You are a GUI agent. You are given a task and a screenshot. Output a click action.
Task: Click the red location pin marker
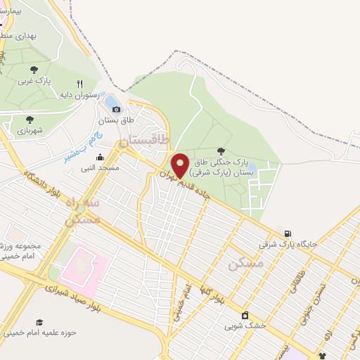pyautogui.click(x=181, y=165)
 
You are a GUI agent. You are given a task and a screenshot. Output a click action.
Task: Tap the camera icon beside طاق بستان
pyautogui.click(x=117, y=109)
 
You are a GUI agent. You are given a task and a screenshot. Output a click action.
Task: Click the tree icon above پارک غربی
pyautogui.click(x=34, y=70)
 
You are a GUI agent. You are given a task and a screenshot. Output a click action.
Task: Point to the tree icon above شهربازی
pyautogui.click(x=30, y=120)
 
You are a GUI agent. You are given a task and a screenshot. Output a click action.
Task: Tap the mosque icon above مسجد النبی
pyautogui.click(x=100, y=157)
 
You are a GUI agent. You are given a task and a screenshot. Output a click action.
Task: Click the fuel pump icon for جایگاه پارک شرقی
pyautogui.click(x=287, y=233)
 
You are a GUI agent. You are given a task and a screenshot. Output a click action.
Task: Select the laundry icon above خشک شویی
pyautogui.click(x=245, y=315)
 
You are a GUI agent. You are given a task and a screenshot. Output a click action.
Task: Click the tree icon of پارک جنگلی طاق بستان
pyautogui.click(x=221, y=150)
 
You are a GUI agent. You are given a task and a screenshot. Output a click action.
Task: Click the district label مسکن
pyautogui.click(x=246, y=264)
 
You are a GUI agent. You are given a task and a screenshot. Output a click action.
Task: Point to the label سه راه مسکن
pyautogui.click(x=82, y=210)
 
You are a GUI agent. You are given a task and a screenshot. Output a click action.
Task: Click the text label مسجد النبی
pyautogui.click(x=100, y=168)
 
